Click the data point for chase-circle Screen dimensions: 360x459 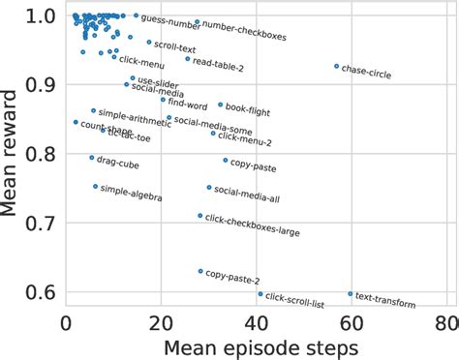[337, 66]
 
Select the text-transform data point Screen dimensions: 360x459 [351, 293]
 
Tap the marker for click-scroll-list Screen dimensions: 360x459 [260, 293]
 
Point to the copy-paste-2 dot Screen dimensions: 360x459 [200, 271]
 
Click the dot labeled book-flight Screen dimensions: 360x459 [220, 105]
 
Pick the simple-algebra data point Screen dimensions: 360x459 [95, 186]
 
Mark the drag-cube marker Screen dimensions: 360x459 [92, 158]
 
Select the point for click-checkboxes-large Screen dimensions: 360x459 [200, 216]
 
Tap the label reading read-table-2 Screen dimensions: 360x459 [218, 64]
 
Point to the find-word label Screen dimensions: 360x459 [188, 104]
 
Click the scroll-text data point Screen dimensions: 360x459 [149, 43]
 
